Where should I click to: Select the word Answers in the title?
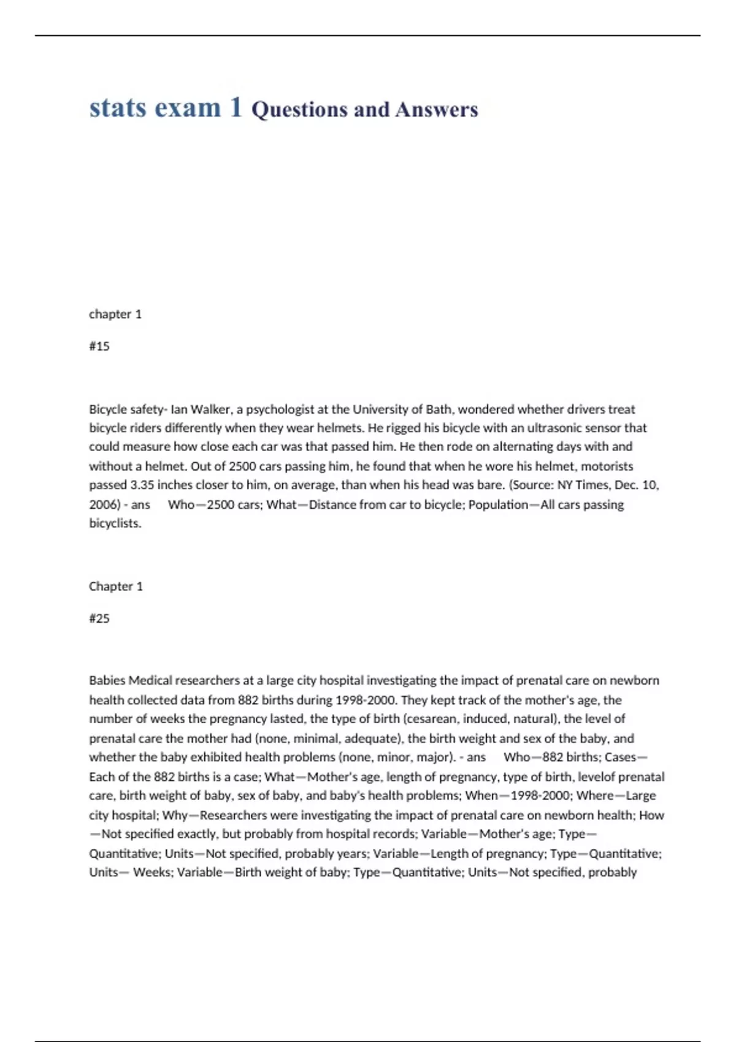click(437, 110)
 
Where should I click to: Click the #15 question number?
click(99, 346)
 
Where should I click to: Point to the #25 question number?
click(99, 618)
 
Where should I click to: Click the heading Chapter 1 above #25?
click(116, 587)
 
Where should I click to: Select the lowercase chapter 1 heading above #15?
click(115, 314)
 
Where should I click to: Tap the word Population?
click(498, 504)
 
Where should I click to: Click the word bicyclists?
click(115, 523)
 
